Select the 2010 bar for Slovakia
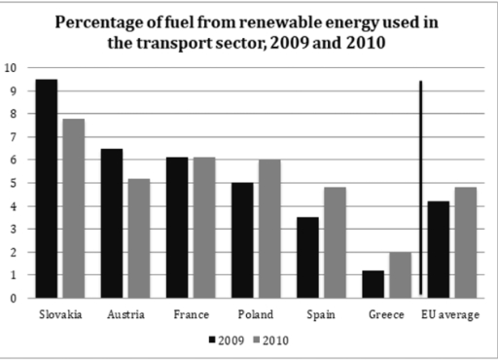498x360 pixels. pyautogui.click(x=74, y=208)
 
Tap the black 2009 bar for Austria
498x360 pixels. pyautogui.click(x=112, y=224)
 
